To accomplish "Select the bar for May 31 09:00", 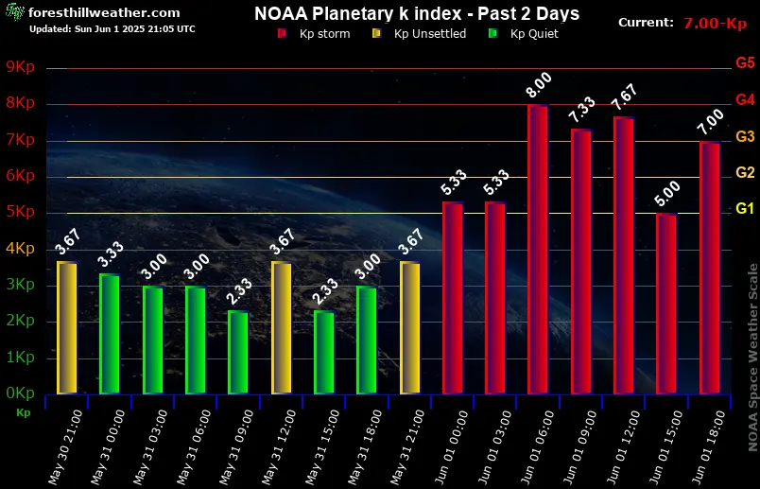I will click(238, 352).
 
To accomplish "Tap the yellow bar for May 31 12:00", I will click(281, 327).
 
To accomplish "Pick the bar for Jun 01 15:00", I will click(666, 303).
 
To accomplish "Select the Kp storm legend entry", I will click(313, 33).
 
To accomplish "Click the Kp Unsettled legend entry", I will click(422, 33).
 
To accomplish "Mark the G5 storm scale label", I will click(744, 63).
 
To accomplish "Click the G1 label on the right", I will click(744, 208).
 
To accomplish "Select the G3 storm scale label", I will click(744, 136).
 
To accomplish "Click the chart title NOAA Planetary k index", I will click(417, 13).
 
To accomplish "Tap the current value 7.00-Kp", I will click(715, 22).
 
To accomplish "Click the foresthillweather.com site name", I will click(104, 12).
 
